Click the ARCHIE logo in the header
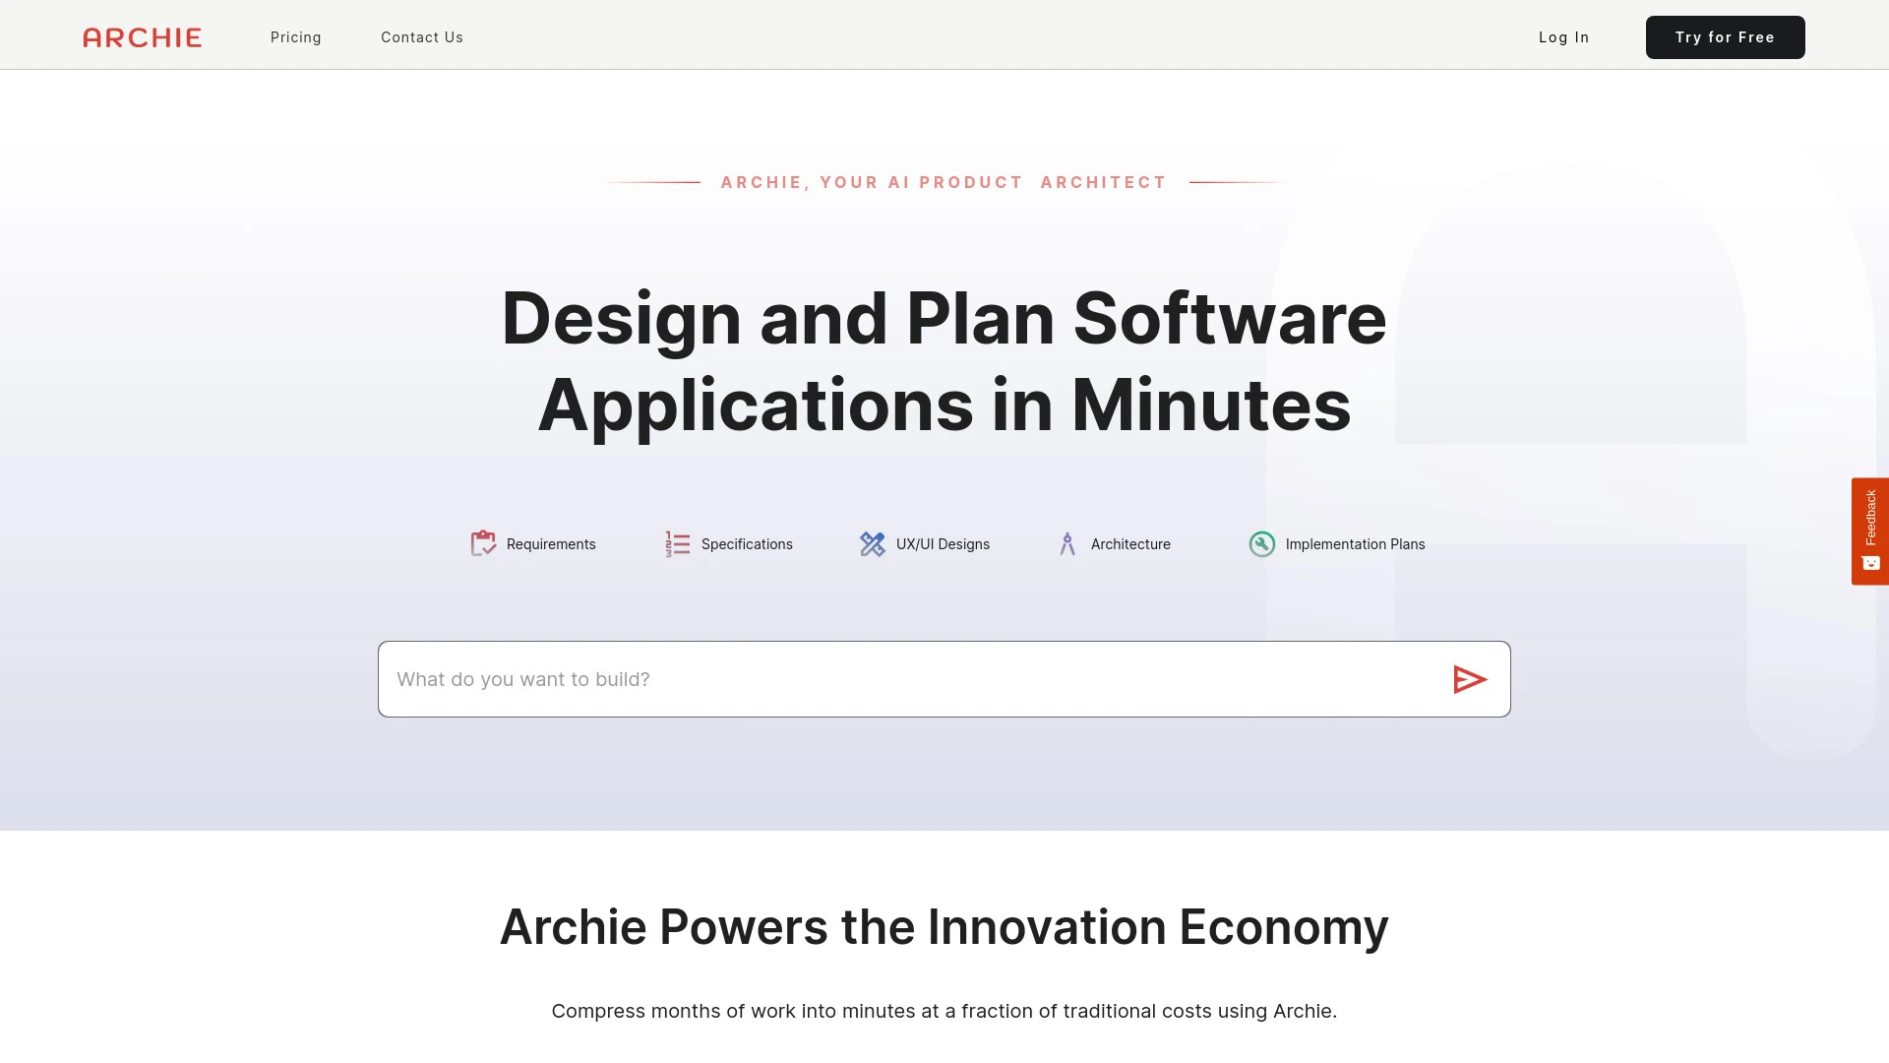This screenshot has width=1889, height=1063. [x=143, y=37]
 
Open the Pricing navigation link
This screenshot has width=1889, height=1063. [x=296, y=37]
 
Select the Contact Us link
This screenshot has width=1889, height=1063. [x=422, y=37]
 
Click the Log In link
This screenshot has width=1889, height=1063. [x=1563, y=37]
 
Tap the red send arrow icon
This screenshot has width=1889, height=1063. [x=1469, y=679]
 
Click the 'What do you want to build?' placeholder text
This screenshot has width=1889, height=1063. [x=523, y=679]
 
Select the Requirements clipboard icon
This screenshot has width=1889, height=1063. [x=483, y=543]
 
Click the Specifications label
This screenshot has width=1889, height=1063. [x=747, y=544]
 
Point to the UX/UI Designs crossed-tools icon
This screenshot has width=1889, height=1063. [x=872, y=543]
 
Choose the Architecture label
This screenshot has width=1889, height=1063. [x=1130, y=544]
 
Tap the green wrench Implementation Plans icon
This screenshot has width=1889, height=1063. [x=1261, y=543]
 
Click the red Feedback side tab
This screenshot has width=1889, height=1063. [x=1869, y=531]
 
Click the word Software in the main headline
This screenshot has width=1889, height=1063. [x=1229, y=319]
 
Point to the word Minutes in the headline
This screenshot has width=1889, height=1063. [x=1211, y=406]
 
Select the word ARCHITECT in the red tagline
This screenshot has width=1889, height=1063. [x=1103, y=182]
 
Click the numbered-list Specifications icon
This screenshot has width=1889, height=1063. [x=677, y=543]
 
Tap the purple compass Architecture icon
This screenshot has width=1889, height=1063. [x=1067, y=543]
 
